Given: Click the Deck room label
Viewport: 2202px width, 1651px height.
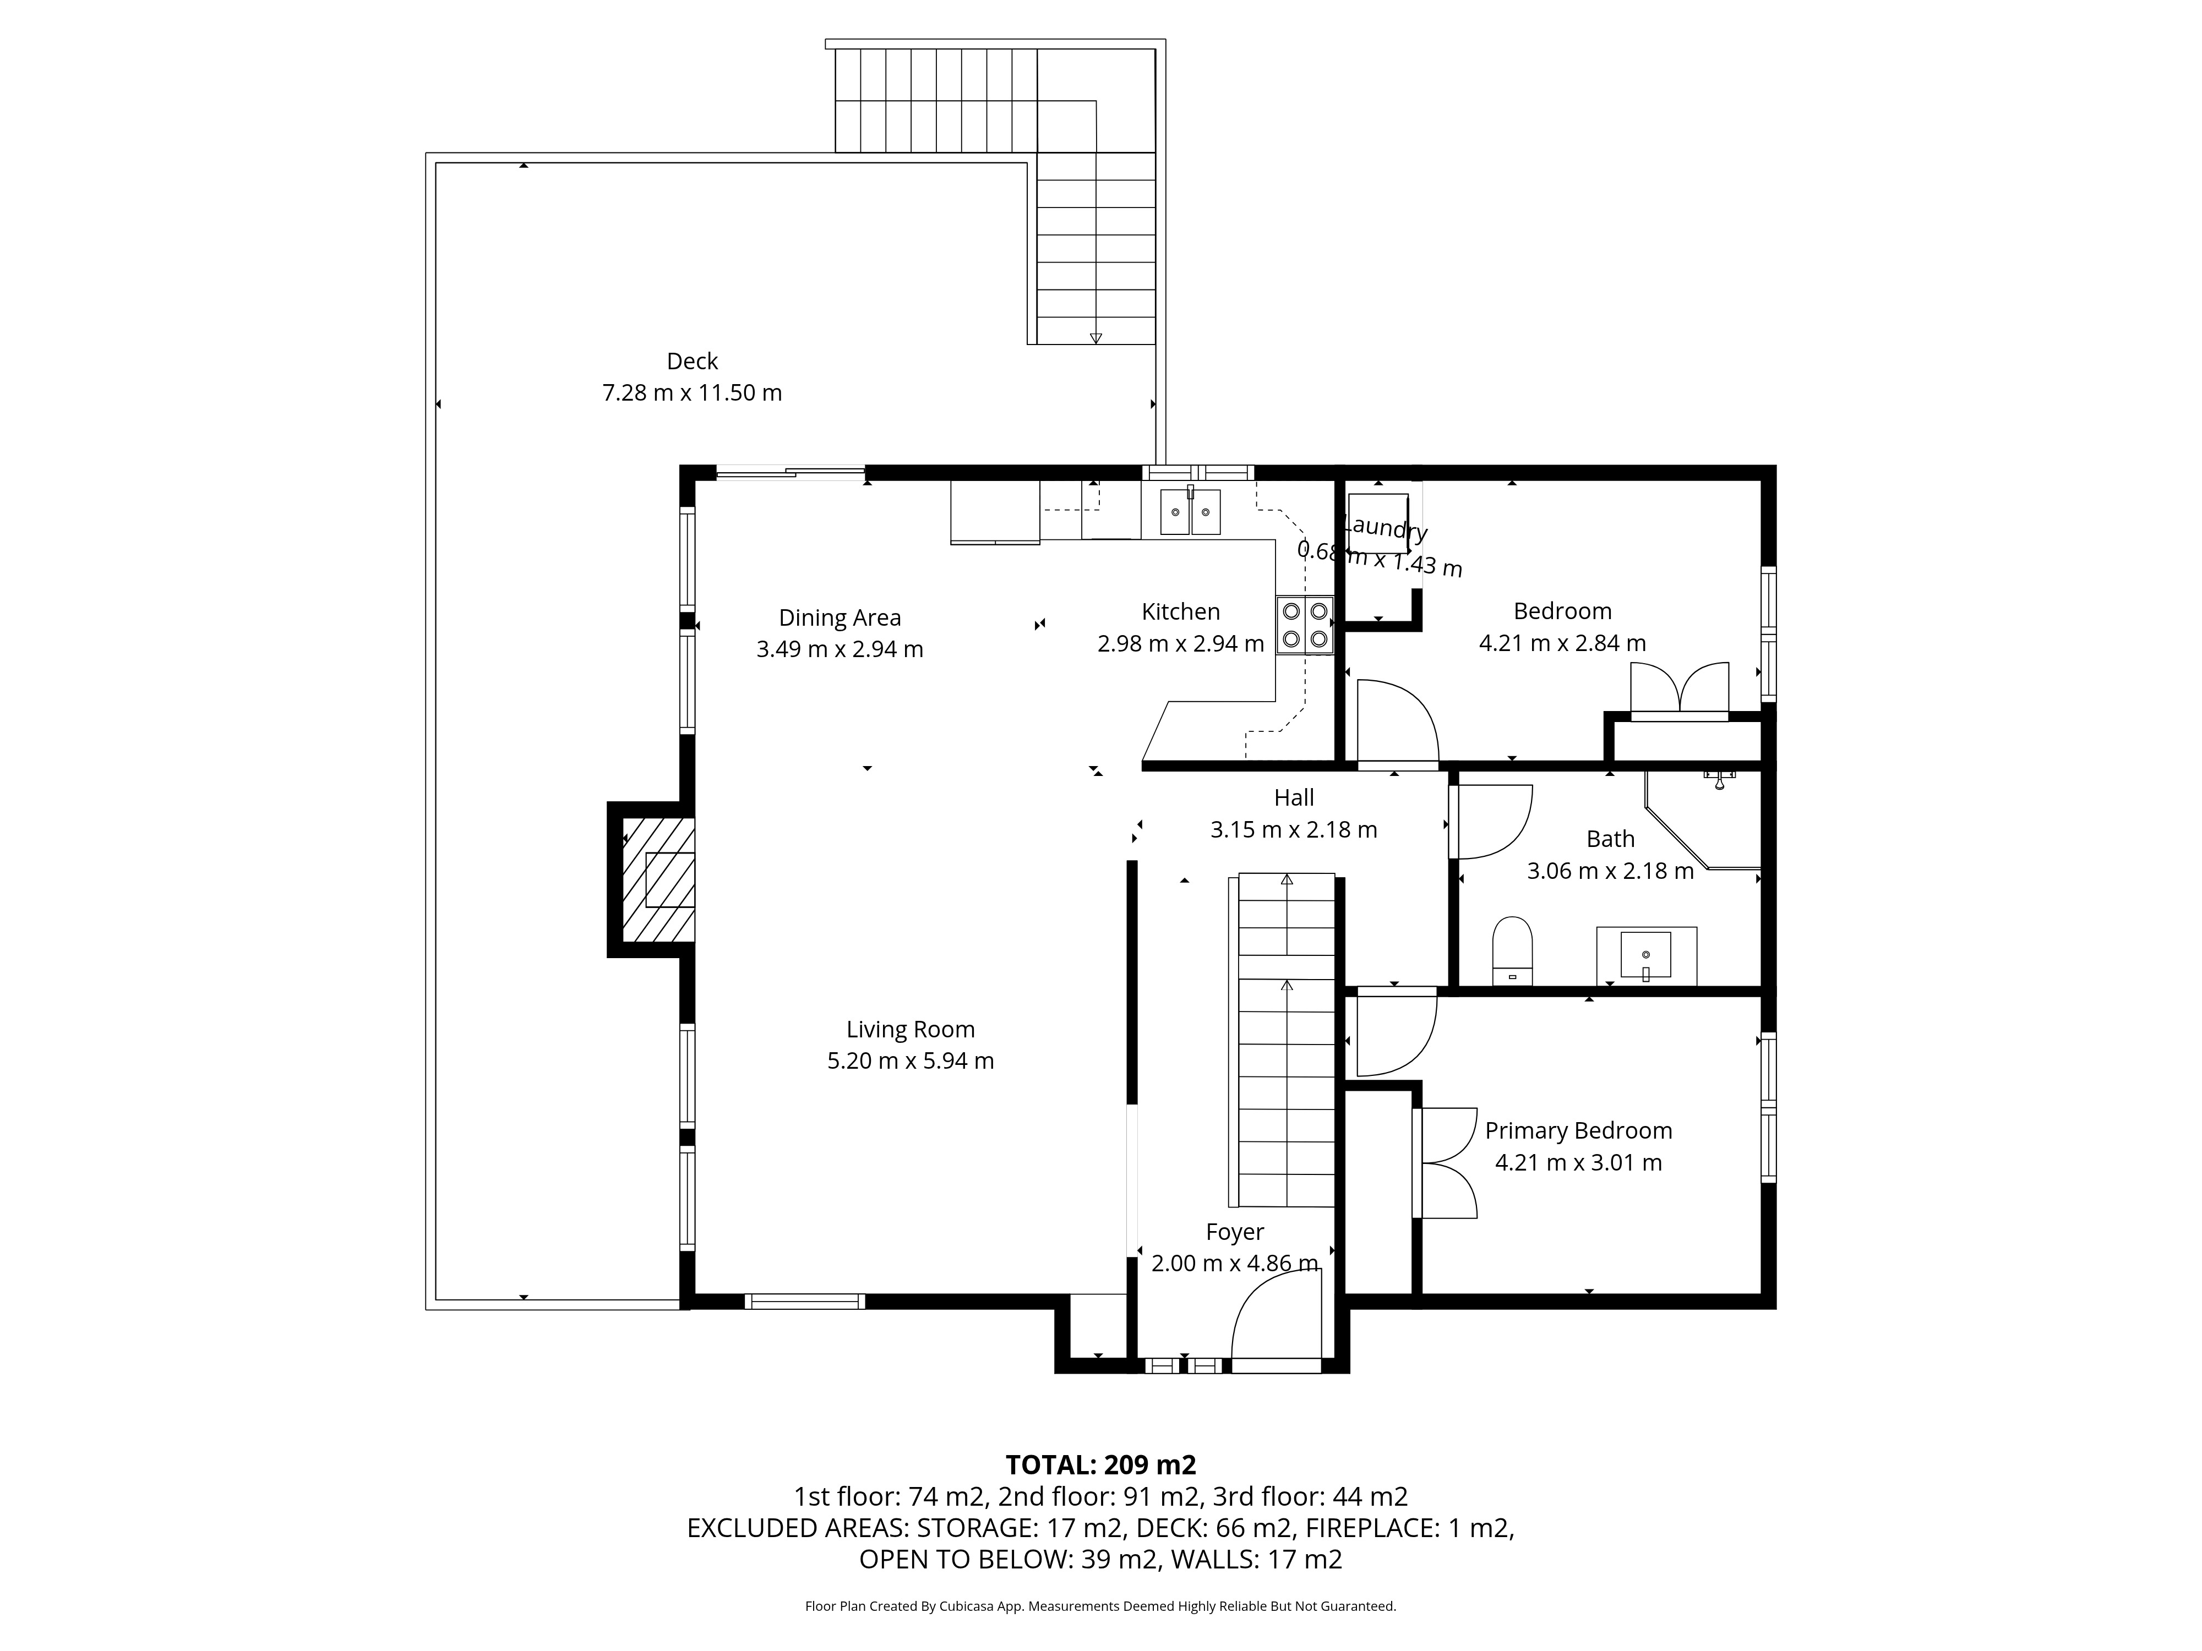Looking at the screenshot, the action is (692, 361).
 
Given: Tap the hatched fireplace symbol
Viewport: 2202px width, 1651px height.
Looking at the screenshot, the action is (658, 880).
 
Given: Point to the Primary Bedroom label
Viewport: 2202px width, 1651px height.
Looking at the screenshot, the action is (1578, 1131).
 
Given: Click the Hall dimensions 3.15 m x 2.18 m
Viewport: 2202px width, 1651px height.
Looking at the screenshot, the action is (1293, 830).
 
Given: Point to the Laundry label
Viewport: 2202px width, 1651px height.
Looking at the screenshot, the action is (1384, 527).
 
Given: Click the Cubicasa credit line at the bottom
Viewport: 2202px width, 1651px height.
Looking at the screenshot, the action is (1100, 1606).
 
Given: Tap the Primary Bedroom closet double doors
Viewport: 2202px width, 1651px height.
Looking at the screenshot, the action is (1446, 1163).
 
